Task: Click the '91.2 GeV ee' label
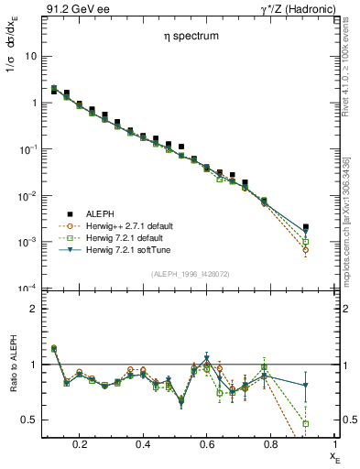coord(72,9)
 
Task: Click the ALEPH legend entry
coord(99,213)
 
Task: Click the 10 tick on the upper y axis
coord(29,56)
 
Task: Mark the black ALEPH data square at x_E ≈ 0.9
coord(305,227)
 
